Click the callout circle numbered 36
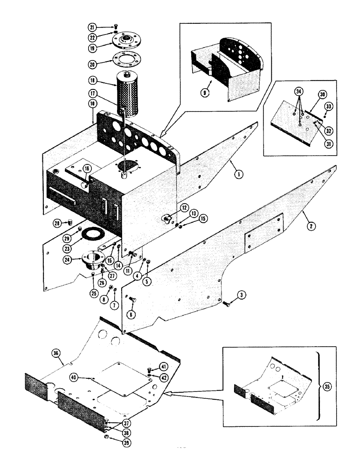click(x=56, y=354)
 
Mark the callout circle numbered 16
click(x=86, y=169)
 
